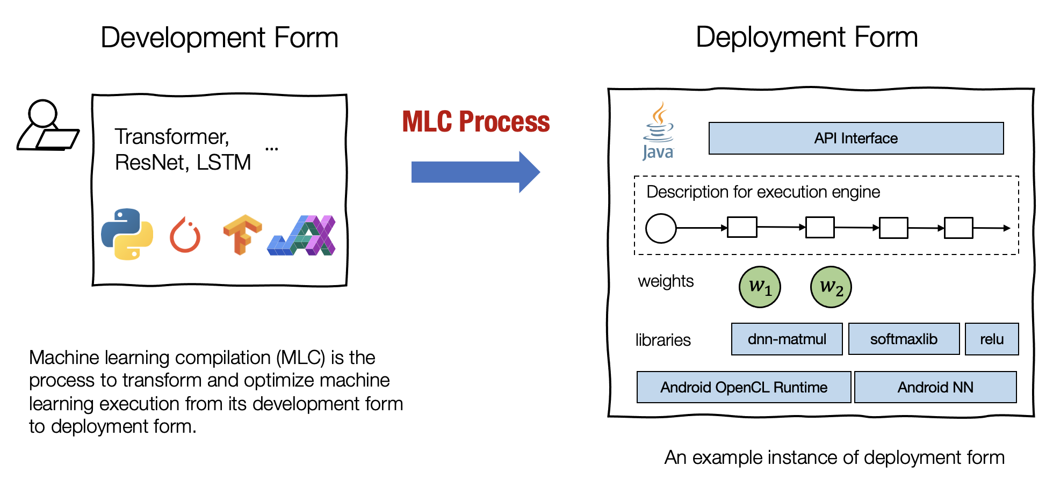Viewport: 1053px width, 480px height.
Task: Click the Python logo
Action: [127, 234]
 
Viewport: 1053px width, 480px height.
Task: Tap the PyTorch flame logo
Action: [185, 236]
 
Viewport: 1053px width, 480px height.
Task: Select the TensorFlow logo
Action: [242, 235]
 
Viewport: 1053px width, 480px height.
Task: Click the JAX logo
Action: [302, 236]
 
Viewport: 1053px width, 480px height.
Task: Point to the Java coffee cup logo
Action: [658, 132]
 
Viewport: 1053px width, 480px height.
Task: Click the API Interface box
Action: [856, 139]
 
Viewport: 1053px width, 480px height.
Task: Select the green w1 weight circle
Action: [760, 287]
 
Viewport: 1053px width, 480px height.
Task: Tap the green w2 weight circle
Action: [831, 287]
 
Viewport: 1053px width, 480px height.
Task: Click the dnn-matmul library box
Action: [787, 339]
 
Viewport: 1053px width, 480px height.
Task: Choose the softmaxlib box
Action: [904, 339]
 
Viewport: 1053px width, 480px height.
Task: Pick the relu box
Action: [992, 339]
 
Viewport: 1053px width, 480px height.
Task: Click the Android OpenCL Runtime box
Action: [744, 387]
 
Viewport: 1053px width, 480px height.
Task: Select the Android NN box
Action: [935, 387]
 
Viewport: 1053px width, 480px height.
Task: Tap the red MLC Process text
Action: [476, 122]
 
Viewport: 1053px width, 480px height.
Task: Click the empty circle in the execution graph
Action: [661, 228]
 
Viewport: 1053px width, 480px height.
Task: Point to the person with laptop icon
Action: [47, 126]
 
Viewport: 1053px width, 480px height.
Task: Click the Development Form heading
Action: [219, 38]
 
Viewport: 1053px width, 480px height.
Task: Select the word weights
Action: [666, 281]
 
